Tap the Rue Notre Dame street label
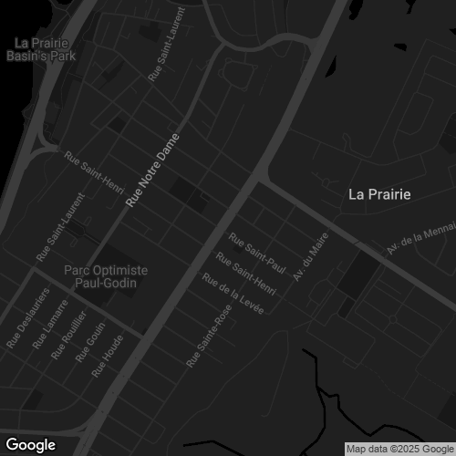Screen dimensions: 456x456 tap(150, 170)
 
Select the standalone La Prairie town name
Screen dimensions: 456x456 tap(380, 194)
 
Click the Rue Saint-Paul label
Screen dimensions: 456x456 tap(257, 254)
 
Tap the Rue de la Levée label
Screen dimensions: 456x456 tap(233, 295)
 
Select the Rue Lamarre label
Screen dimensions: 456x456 tap(50, 325)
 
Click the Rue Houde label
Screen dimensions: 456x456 tap(107, 355)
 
